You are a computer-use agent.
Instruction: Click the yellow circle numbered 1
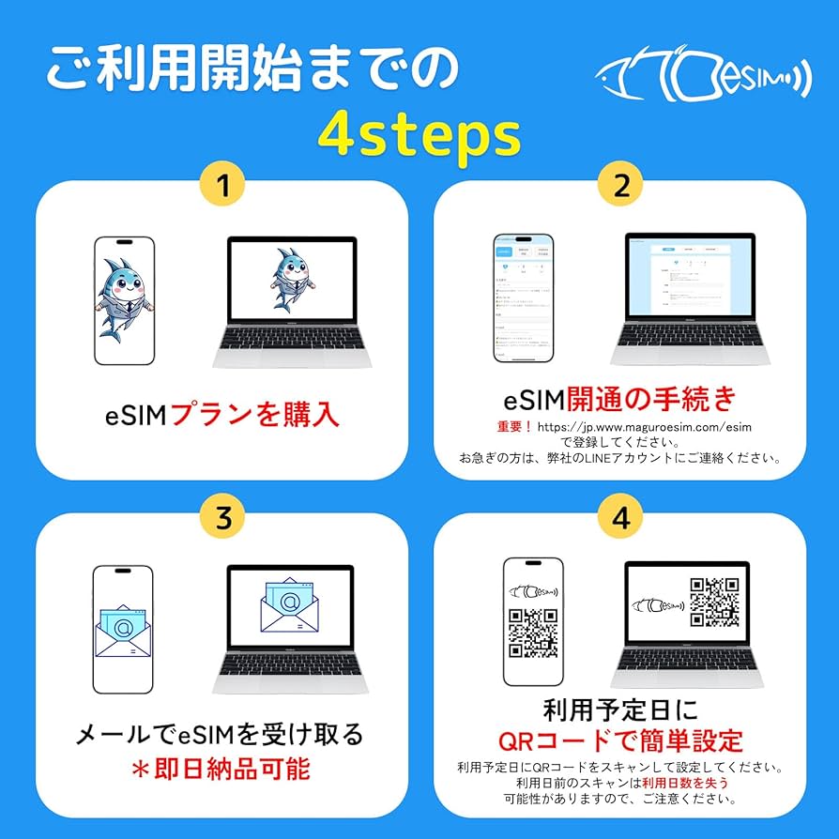coord(222,186)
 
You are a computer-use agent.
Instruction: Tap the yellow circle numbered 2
coord(620,186)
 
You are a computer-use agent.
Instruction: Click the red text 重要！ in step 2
coord(515,427)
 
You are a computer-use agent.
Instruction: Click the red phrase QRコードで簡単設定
coord(620,740)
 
